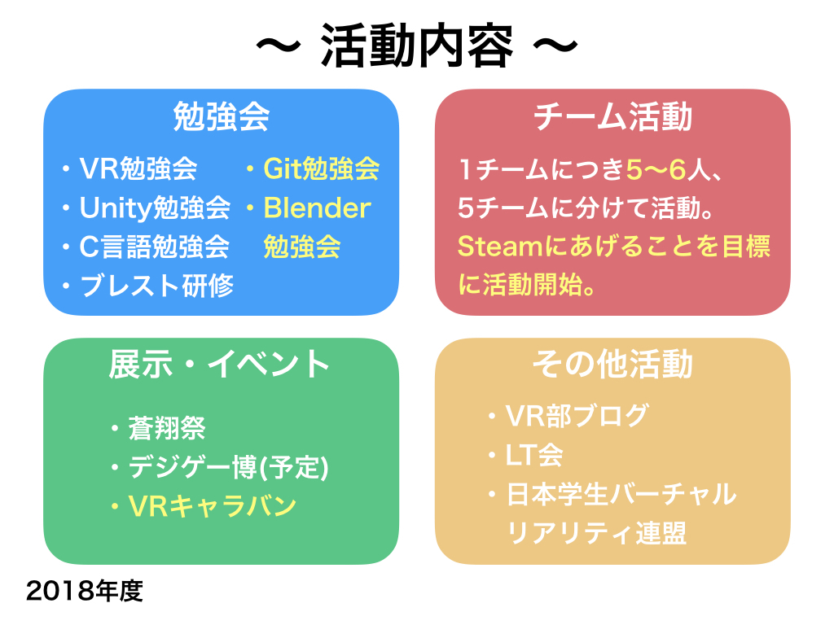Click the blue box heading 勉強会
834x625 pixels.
pyautogui.click(x=221, y=118)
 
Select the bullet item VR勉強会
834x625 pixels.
pyautogui.click(x=138, y=169)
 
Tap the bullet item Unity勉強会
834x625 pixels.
pyautogui.click(x=155, y=208)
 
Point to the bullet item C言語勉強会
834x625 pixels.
pyautogui.click(x=154, y=247)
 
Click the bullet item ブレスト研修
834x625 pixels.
pyautogui.click(x=156, y=286)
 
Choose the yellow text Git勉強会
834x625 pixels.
pyautogui.click(x=322, y=169)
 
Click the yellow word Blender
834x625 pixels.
pyautogui.click(x=317, y=208)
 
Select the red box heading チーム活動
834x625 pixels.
pyautogui.click(x=612, y=118)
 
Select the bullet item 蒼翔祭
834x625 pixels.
pyautogui.click(x=167, y=428)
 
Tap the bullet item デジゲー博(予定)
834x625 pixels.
pyautogui.click(x=228, y=467)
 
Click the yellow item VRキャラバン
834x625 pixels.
pyautogui.click(x=212, y=506)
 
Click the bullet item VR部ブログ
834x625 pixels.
pyautogui.click(x=577, y=416)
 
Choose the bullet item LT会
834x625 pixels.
pyautogui.click(x=534, y=455)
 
